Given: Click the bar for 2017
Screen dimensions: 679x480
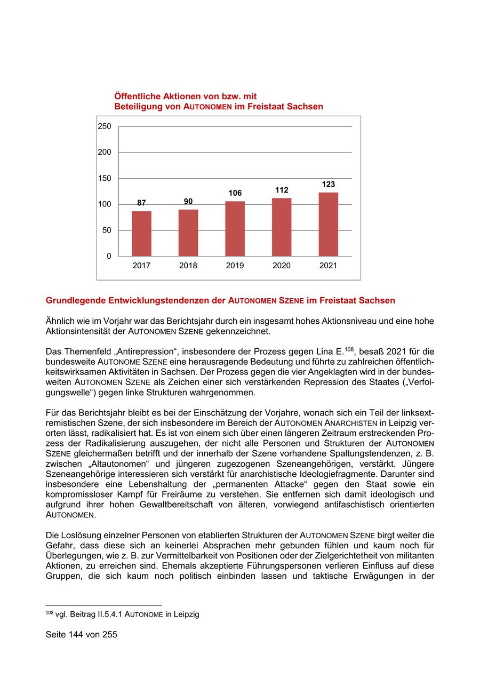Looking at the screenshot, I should tap(141, 234).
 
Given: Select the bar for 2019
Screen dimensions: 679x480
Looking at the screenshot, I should tap(235, 229).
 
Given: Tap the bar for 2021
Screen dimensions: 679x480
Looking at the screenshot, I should tap(328, 224).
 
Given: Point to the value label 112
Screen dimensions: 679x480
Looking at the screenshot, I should tap(282, 190).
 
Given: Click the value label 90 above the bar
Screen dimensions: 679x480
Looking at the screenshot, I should tap(188, 201).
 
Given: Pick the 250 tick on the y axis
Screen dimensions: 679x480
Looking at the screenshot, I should tap(105, 126).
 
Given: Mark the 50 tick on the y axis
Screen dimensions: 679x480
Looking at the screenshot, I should tap(107, 230).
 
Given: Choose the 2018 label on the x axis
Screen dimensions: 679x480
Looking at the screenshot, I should tap(188, 266).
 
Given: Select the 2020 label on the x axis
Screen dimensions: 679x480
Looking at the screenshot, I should tap(282, 266).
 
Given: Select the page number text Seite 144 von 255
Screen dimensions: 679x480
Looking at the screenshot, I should tap(81, 635).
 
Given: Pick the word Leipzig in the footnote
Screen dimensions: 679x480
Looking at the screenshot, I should tap(186, 614).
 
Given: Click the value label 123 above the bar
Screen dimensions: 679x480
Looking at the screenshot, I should tap(328, 185).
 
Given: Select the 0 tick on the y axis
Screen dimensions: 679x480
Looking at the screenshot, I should tap(109, 256).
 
